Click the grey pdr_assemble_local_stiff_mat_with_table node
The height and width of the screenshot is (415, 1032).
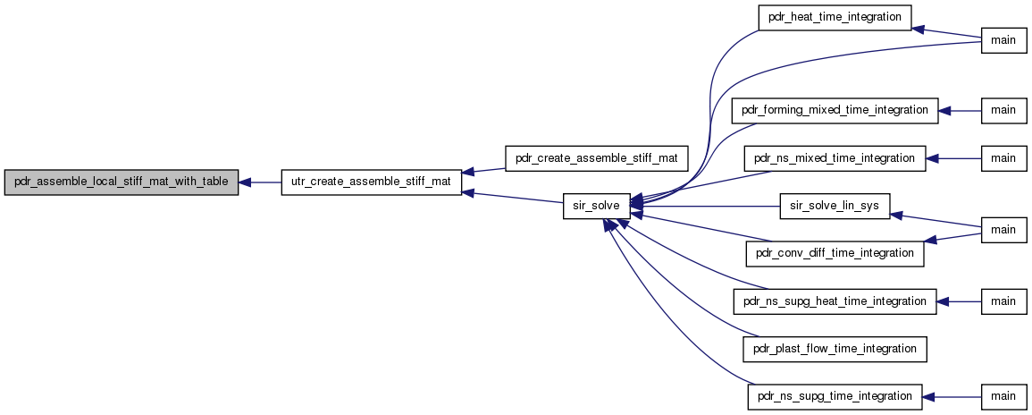click(x=122, y=182)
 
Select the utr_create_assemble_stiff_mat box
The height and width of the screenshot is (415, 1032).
click(x=371, y=182)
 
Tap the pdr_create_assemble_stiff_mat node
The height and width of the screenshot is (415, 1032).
click(x=596, y=158)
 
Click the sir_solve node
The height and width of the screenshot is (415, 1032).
click(x=596, y=207)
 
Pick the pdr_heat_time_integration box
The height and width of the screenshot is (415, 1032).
click(x=835, y=17)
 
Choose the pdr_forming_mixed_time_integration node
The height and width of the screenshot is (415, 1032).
click(x=835, y=110)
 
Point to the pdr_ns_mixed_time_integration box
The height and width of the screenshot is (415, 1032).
click(x=835, y=158)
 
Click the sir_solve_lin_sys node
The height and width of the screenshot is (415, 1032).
click(x=835, y=207)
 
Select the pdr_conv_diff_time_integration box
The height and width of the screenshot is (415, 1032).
click(x=835, y=254)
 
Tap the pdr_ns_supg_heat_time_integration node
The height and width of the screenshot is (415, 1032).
click(x=835, y=301)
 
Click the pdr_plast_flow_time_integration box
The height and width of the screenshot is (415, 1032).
click(x=835, y=349)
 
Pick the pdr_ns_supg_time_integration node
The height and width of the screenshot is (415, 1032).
click(x=835, y=396)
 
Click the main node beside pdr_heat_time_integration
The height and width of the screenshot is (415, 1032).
click(x=1003, y=41)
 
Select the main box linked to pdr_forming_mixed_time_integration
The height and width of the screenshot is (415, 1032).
click(x=1003, y=110)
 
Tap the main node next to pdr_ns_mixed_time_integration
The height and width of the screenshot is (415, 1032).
click(x=1003, y=158)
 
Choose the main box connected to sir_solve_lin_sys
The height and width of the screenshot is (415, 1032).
click(x=1003, y=230)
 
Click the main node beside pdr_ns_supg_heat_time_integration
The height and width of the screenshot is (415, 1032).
click(x=1003, y=301)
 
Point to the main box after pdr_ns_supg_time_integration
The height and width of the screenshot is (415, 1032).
click(x=1003, y=396)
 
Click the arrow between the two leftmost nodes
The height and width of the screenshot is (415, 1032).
click(x=260, y=182)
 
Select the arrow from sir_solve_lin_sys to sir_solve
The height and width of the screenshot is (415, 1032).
click(x=705, y=207)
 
